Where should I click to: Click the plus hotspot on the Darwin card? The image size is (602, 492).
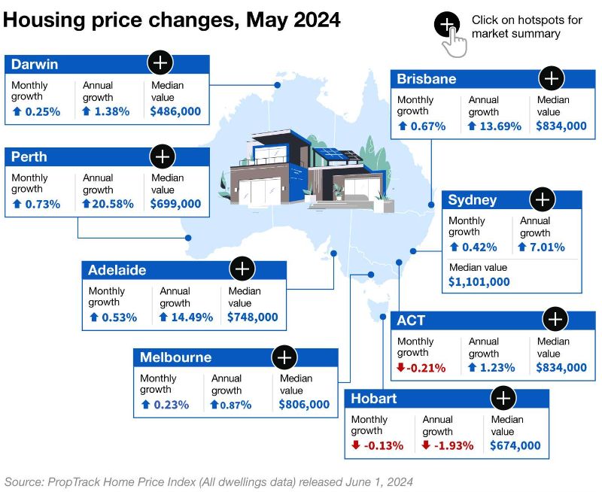(160, 62)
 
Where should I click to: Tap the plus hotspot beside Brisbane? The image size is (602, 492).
(552, 77)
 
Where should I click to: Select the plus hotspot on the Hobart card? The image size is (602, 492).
(503, 398)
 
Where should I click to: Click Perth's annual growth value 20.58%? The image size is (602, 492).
(108, 204)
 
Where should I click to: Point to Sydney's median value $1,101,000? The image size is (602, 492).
(479, 282)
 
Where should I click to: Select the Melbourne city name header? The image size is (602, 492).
(176, 357)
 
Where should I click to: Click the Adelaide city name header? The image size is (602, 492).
(117, 270)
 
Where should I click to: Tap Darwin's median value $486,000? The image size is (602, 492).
(175, 111)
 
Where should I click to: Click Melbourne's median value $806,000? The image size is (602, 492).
(304, 405)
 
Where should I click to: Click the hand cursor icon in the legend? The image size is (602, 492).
(454, 41)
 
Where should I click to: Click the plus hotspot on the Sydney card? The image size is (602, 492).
(542, 199)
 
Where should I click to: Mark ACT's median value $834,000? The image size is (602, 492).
(561, 368)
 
